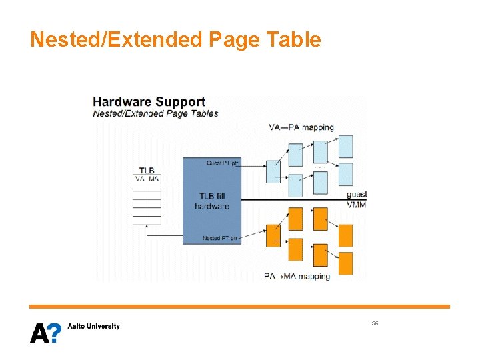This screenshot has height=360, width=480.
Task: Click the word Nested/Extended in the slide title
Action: click(117, 40)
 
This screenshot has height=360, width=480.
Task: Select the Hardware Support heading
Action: click(149, 102)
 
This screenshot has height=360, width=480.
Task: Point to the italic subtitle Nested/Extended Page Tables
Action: click(155, 113)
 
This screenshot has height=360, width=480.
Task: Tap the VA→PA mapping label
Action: click(301, 127)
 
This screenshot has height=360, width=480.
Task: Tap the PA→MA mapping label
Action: click(297, 276)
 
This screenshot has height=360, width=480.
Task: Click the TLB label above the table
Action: click(147, 171)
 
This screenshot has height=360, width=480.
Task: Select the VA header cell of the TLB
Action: click(140, 179)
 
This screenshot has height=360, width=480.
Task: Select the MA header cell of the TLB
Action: click(154, 179)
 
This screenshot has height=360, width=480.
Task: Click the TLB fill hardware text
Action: click(212, 201)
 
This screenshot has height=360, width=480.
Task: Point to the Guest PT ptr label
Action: click(222, 163)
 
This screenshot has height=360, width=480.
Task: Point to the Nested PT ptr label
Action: click(221, 238)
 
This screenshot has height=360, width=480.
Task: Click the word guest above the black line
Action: click(356, 194)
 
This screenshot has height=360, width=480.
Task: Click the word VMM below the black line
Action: click(356, 205)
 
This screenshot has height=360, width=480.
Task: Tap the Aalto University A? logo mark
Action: click(45, 331)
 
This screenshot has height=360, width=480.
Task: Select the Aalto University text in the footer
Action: click(94, 326)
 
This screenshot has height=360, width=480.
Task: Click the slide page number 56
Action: click(375, 323)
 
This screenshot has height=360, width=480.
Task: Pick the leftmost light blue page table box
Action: click(273, 171)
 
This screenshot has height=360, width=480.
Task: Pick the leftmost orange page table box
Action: click(273, 235)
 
